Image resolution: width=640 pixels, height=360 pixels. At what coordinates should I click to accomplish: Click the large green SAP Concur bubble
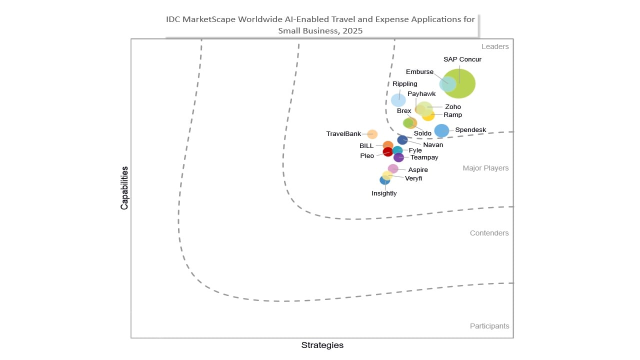coord(460,83)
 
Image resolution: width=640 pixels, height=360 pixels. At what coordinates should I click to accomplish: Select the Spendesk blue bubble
coord(441,130)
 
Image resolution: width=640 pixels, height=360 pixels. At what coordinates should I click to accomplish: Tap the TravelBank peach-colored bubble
coord(372,134)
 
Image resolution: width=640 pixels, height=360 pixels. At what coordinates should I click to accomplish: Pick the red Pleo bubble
coord(387,151)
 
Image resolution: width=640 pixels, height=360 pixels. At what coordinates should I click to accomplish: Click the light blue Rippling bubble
coord(398,100)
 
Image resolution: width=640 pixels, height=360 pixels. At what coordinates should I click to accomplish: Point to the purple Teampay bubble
coord(398,157)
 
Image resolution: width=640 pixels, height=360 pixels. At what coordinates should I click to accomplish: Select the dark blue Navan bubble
coord(402,140)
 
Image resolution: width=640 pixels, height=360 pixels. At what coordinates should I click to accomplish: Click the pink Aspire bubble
coord(393,168)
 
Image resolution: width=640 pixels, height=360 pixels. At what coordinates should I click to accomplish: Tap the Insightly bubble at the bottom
coord(384,180)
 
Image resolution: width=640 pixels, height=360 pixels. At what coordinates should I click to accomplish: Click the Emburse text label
coord(419,72)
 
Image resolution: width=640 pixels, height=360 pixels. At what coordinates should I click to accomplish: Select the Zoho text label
coord(453,106)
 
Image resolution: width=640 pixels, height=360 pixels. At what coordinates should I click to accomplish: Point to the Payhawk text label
coord(421,94)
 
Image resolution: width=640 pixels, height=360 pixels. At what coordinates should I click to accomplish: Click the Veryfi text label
coord(413,178)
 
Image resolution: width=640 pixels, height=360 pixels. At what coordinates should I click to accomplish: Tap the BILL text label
coord(366,146)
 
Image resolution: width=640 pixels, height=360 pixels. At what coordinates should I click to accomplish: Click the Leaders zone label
coord(495,46)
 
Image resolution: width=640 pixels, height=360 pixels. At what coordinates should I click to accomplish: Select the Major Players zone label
coord(485,168)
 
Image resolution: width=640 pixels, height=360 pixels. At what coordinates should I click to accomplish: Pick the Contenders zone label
coord(489,233)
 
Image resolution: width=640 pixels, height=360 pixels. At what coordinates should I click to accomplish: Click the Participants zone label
coord(489,326)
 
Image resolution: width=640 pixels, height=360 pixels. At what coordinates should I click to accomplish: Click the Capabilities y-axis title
coord(124,188)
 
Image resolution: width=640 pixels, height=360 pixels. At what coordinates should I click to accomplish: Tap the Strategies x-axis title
coord(322,345)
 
